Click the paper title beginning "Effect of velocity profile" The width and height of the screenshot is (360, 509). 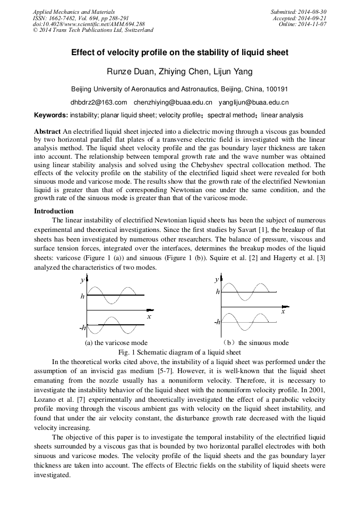point(180,53)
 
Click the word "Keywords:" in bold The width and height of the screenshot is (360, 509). point(51,115)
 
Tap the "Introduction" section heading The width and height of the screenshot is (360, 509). point(54,211)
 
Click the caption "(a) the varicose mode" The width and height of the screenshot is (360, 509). point(116,343)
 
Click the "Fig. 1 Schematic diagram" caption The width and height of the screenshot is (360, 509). point(179,352)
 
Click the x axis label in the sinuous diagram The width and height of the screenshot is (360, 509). point(283,312)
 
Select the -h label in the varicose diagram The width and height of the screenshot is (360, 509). point(82,328)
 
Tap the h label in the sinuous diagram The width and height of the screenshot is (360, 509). point(218,292)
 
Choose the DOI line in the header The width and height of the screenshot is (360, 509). point(89,24)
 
